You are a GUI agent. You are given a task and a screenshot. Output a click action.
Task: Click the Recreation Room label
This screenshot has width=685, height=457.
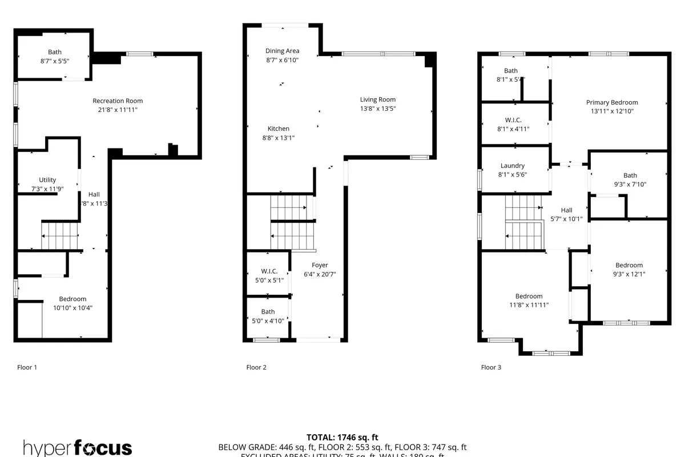(118, 101)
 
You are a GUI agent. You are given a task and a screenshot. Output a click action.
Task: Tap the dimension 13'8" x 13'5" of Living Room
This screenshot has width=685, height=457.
(378, 109)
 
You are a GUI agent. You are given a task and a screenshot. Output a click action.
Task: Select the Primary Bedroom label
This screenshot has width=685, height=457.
(612, 103)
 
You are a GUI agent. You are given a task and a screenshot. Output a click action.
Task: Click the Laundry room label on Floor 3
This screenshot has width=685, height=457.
(512, 166)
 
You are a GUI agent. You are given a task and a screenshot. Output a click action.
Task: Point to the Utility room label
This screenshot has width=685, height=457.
(47, 180)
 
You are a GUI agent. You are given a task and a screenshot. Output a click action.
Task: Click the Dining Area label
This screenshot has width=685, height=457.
(282, 51)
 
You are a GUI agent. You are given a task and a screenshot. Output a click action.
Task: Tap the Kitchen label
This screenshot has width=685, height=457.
(279, 129)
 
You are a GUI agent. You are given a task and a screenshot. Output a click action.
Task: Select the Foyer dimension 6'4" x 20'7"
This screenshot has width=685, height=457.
(320, 274)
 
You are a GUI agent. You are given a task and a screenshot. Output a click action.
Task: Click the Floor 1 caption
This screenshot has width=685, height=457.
(27, 367)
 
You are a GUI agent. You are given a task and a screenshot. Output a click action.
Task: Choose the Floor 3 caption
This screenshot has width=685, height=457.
(491, 367)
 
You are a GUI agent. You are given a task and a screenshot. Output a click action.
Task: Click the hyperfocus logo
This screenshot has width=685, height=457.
(78, 447)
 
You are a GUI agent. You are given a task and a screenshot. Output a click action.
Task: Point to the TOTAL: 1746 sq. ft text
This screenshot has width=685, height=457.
(342, 437)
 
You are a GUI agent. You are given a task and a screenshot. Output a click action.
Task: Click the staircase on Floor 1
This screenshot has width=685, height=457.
(59, 235)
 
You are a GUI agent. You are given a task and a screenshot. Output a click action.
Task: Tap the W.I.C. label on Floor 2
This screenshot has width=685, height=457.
(269, 271)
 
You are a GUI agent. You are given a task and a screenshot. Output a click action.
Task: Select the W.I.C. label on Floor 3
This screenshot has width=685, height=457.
(513, 120)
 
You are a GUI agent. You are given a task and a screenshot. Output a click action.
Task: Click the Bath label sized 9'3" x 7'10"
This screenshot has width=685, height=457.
(630, 175)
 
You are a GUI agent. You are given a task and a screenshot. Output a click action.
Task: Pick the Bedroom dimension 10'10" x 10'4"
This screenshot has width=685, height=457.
(72, 308)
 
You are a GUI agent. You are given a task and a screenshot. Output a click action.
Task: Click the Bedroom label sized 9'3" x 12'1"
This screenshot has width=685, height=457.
(629, 265)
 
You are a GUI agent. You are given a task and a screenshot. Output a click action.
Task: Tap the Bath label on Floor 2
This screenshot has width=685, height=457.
(268, 312)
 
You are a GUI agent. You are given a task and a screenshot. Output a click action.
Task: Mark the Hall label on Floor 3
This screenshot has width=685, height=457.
(566, 210)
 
